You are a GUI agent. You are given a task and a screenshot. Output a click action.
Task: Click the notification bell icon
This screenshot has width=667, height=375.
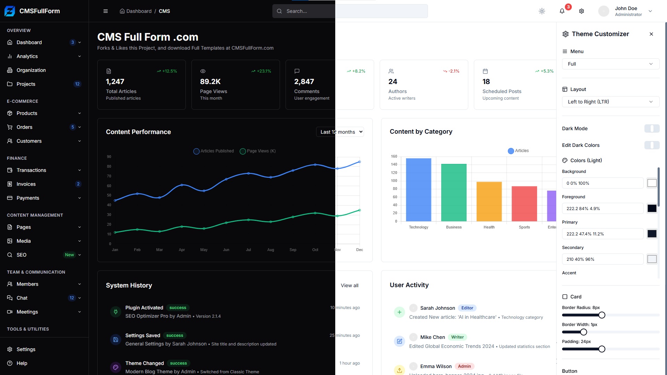click(562, 11)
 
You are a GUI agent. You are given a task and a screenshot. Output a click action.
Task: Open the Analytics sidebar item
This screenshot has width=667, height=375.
click(27, 56)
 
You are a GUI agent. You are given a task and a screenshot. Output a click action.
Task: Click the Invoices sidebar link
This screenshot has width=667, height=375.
click(26, 184)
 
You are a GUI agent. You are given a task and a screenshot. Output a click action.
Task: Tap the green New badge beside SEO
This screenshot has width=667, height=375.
click(69, 255)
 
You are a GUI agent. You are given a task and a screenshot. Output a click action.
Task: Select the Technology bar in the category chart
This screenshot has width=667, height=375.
click(418, 190)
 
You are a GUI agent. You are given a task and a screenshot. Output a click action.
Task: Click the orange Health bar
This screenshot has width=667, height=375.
click(489, 201)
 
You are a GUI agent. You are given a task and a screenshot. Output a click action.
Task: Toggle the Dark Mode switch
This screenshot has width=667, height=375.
click(652, 128)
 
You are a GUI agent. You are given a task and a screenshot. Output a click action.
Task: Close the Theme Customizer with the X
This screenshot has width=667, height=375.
click(651, 34)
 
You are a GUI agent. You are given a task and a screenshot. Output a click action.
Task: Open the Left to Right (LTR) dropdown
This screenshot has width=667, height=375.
click(610, 102)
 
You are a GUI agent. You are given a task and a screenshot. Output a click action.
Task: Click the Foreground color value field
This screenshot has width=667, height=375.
click(603, 209)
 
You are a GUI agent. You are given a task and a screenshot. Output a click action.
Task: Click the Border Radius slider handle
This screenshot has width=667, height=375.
click(602, 315)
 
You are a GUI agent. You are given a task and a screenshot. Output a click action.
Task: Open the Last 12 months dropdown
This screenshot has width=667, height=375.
click(340, 132)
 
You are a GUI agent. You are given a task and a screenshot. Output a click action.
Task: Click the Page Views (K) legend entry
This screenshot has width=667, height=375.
click(258, 151)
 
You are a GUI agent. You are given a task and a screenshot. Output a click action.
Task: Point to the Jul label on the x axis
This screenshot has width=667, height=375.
click(248, 250)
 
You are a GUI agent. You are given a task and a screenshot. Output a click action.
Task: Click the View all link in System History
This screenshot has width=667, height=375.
click(349, 285)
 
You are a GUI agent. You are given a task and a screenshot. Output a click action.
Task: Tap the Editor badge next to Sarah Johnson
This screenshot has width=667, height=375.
click(467, 308)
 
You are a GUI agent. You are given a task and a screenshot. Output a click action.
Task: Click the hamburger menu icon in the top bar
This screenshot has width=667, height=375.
click(106, 11)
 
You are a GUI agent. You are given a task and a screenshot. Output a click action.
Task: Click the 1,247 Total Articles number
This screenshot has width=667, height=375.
click(115, 82)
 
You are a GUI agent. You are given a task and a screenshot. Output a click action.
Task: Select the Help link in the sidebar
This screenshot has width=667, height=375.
click(22, 363)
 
